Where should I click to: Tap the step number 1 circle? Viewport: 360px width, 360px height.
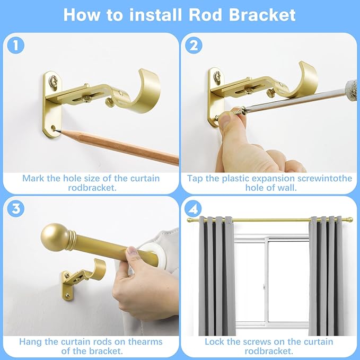tap(16, 46)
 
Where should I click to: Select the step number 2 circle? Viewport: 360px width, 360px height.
tap(194, 46)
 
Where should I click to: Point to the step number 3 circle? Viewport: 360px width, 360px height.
tap(16, 208)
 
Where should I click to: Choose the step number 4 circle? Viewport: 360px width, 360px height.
tap(194, 208)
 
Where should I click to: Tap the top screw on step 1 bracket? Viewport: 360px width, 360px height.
tap(54, 82)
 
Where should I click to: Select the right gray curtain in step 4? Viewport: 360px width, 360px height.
tap(327, 276)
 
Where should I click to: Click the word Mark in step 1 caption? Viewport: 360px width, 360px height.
tap(33, 178)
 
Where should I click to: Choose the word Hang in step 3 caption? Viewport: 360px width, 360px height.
tap(31, 341)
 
